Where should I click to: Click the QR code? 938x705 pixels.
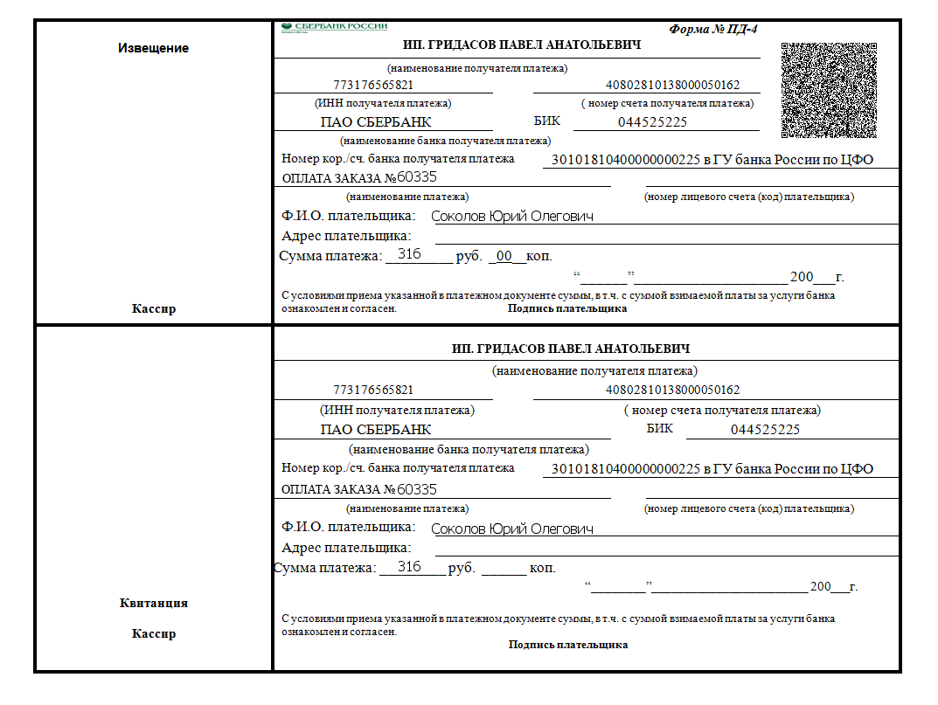[x=829, y=91]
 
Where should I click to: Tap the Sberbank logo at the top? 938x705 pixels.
[x=335, y=27]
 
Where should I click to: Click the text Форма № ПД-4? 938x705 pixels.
[x=713, y=29]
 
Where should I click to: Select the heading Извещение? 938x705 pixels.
[x=153, y=48]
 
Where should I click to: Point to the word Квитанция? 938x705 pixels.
[x=153, y=603]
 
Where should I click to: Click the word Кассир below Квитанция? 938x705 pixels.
[x=153, y=633]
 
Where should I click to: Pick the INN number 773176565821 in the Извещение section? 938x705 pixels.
[x=373, y=86]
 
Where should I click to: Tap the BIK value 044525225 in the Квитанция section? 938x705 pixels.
[x=765, y=430]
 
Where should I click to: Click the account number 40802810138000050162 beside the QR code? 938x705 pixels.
[x=672, y=86]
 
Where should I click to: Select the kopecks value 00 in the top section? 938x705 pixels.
[x=505, y=257]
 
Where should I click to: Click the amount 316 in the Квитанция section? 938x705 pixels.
[x=409, y=567]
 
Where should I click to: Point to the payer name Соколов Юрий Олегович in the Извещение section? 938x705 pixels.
[x=512, y=217]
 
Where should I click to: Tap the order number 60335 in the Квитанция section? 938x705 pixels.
[x=417, y=489]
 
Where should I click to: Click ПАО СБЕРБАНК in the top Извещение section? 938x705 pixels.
[x=376, y=122]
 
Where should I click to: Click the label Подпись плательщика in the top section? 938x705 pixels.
[x=567, y=308]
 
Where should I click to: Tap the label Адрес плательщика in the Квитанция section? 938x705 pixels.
[x=346, y=548]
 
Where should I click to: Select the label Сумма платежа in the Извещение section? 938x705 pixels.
[x=330, y=256]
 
